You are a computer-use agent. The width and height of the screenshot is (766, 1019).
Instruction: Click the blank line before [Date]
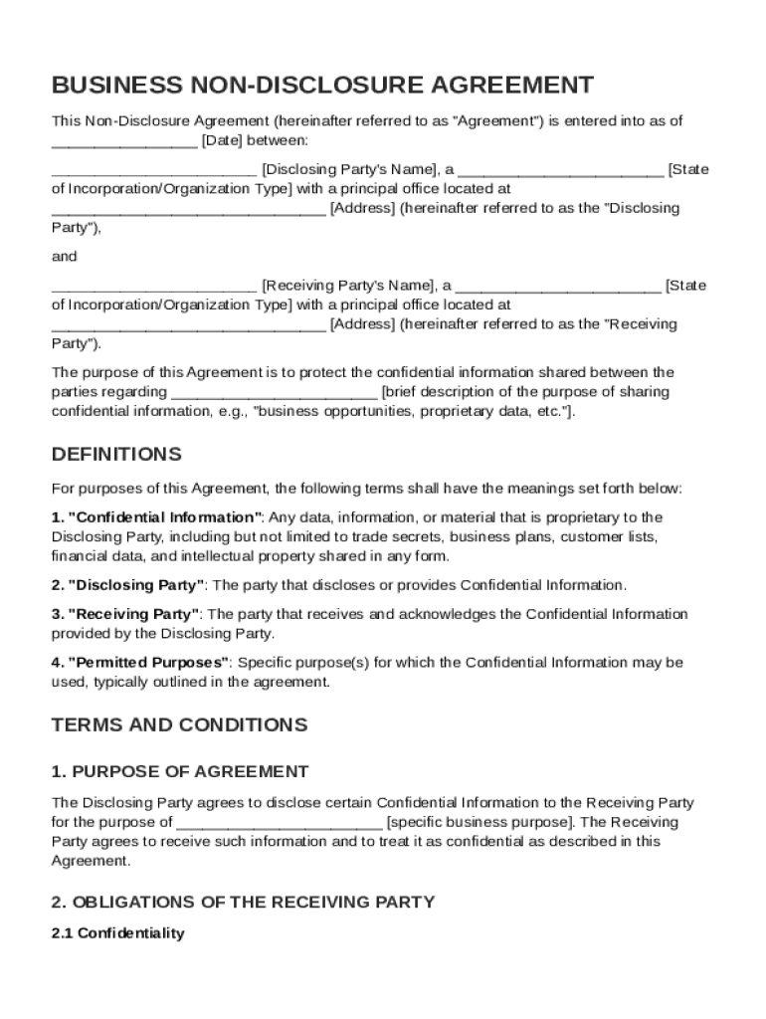(x=124, y=140)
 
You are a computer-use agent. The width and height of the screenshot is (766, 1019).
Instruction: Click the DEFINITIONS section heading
(x=116, y=455)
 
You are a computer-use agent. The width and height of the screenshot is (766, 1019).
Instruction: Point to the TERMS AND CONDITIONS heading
(x=179, y=724)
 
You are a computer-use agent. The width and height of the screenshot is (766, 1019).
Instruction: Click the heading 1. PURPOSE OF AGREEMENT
(x=180, y=771)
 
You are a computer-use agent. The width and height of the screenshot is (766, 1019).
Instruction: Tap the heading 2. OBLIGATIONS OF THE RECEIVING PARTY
(x=243, y=902)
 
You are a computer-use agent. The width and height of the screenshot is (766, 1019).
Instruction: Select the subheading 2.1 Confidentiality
(x=117, y=933)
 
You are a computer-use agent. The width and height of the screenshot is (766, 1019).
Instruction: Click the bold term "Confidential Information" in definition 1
(x=164, y=517)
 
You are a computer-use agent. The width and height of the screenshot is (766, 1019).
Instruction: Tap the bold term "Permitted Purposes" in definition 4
(x=148, y=662)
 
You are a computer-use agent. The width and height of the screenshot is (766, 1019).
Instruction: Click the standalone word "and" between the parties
(x=64, y=257)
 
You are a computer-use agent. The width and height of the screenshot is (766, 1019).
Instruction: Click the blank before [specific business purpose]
(x=279, y=822)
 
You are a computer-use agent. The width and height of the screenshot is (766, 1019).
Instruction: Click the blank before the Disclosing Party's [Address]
(x=187, y=209)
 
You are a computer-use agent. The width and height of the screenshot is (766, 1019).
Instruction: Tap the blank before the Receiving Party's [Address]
(x=187, y=324)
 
